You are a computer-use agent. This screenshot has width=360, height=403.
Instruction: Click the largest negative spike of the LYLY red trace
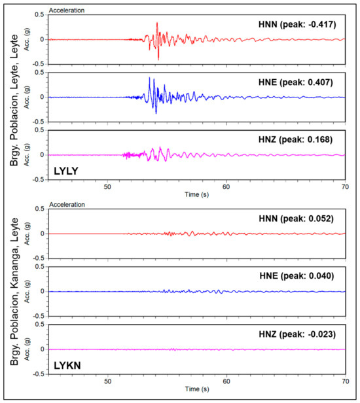(158, 60)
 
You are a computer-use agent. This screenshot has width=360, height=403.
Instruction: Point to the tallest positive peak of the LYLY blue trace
(150, 78)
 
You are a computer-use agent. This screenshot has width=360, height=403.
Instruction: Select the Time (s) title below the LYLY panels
(196, 195)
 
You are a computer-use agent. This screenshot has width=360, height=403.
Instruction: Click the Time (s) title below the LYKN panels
(196, 389)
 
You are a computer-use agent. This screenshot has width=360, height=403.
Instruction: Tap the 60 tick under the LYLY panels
(226, 186)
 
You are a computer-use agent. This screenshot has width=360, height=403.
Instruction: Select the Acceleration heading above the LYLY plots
(67, 10)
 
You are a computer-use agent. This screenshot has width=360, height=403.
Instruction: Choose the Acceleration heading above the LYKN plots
(67, 205)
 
